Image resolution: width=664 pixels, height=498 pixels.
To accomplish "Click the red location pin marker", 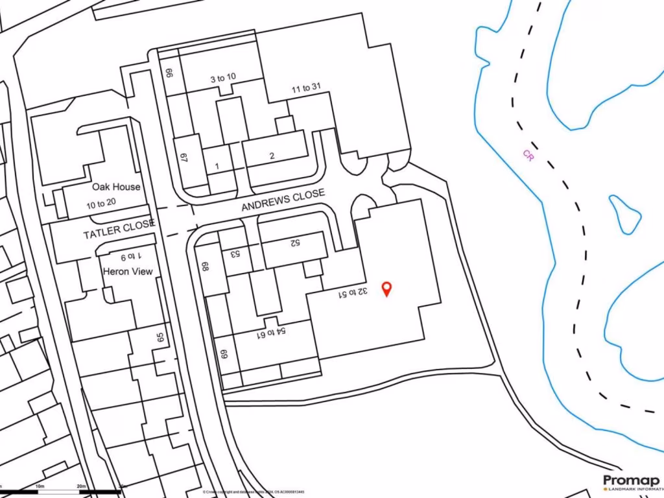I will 387,289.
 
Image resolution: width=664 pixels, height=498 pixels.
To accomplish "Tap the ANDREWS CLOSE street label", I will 283,201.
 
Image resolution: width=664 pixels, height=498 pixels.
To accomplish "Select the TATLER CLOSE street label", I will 119,229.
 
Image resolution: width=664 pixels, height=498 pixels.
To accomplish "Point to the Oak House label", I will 116,187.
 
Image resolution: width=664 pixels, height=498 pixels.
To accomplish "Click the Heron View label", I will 128,271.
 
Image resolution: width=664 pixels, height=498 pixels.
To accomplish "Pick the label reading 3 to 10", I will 222,78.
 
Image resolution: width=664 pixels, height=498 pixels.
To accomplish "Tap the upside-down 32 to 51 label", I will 352,293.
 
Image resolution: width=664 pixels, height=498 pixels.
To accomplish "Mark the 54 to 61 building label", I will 272,334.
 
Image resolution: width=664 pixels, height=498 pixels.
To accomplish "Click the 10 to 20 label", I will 101,202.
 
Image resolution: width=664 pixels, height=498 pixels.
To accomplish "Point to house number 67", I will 184,158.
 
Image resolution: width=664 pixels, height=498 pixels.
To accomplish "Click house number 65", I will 160,338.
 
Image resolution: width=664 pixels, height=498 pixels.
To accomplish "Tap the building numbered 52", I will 294,243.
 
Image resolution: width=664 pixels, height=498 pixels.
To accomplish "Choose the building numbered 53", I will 234,254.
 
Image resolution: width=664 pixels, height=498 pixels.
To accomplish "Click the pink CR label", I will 528,156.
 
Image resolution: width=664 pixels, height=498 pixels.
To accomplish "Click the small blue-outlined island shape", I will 625,214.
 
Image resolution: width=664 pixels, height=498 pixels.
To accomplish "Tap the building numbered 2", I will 272,156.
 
